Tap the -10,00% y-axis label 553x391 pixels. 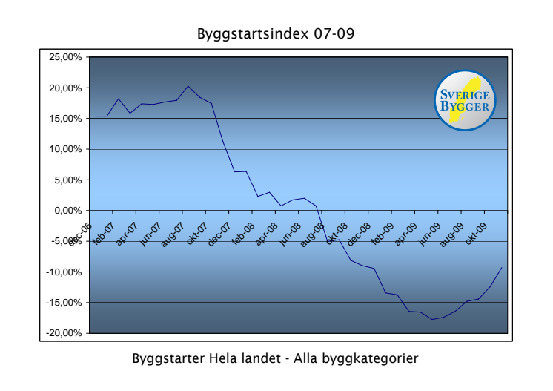click(65, 272)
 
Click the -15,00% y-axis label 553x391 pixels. click(65, 303)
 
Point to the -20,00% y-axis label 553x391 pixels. click(65, 333)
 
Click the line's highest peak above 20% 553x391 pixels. click(188, 86)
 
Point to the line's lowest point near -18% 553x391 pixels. click(432, 319)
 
